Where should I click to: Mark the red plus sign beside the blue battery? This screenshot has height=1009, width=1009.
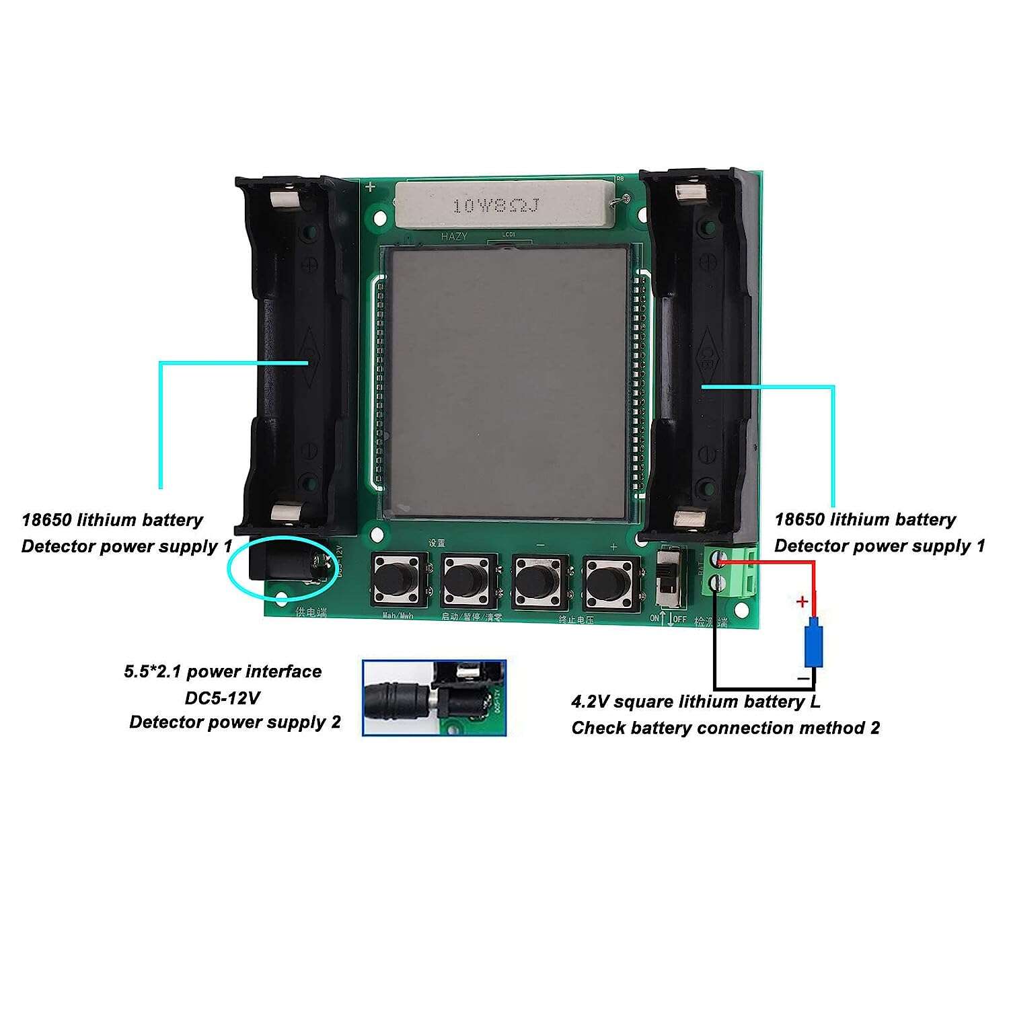(801, 601)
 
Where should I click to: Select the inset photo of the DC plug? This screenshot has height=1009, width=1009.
(434, 698)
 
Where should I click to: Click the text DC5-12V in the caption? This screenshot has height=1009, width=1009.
(222, 698)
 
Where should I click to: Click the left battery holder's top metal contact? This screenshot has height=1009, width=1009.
(284, 199)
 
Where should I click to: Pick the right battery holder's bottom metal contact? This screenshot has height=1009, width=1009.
(690, 518)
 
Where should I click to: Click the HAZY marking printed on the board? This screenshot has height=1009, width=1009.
(453, 236)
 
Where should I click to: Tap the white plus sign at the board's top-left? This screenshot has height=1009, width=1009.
(370, 187)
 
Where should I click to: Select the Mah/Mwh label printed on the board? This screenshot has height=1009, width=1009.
(398, 615)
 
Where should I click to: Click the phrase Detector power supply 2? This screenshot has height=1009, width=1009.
(235, 722)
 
